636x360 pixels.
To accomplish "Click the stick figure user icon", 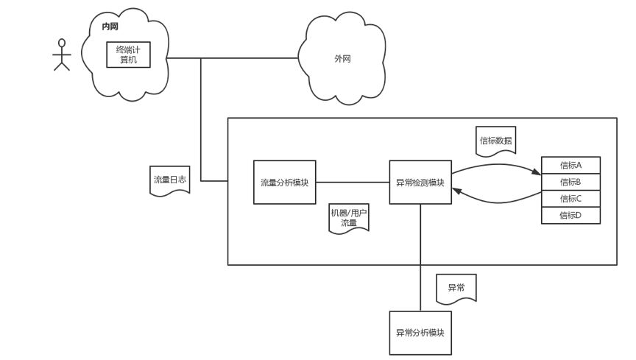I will coord(61,54).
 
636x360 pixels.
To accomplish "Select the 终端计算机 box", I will coord(129,54).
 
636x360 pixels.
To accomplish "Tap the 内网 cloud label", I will coord(110,27).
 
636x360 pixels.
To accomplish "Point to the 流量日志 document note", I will coord(169,180).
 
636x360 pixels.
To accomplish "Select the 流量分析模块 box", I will coord(285,181).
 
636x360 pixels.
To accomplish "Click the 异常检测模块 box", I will coord(420,181).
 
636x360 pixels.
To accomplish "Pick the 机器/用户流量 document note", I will coord(348,218).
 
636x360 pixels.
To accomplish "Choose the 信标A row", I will coord(570,165).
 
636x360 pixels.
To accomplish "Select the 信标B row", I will coord(570,182).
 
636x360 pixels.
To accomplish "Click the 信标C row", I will coord(570,198).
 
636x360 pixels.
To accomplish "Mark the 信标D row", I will coord(570,215).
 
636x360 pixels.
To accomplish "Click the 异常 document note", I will coord(456,288).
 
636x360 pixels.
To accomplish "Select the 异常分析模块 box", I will coord(420,333).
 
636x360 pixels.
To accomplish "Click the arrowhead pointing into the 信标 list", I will coord(536,174).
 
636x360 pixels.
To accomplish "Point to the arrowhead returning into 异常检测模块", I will coord(456,191).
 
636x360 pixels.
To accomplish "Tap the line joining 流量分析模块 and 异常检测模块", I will coord(353,181).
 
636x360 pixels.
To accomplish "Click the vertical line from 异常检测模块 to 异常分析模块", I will coord(420,258).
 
